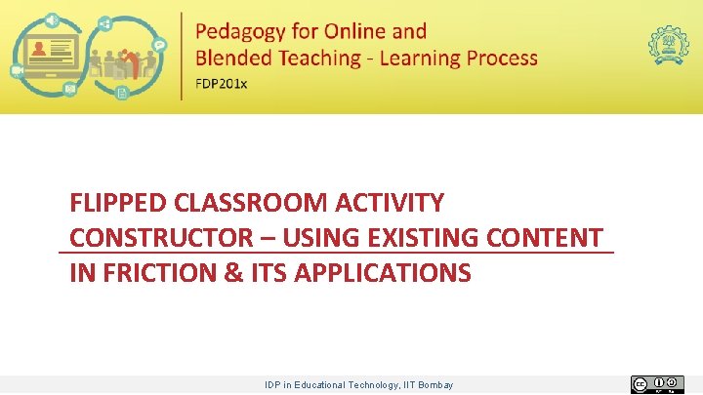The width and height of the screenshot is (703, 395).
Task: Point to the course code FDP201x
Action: (222, 83)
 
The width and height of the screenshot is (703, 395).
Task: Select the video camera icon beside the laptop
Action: (18, 71)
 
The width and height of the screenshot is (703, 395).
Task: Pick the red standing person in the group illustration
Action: (120, 64)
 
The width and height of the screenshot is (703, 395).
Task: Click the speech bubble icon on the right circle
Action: (159, 45)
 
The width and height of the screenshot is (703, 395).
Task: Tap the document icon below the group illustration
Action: (122, 93)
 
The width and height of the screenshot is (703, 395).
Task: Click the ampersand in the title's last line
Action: (233, 273)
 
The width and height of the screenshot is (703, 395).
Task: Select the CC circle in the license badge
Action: (641, 385)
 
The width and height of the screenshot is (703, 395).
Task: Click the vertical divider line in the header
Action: (182, 56)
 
